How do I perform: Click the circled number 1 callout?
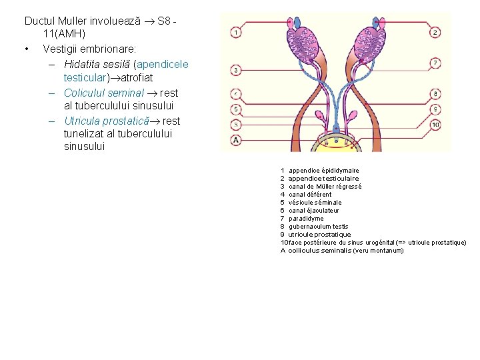pos(237,31)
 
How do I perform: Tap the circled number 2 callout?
pos(435,31)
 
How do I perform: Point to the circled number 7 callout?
pos(435,63)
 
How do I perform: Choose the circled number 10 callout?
pos(435,125)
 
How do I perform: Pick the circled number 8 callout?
pos(435,94)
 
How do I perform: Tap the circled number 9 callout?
pos(435,109)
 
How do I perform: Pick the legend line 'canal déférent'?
pos(309,195)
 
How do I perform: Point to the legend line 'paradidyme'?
pos(306,219)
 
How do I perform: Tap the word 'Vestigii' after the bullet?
pos(61,49)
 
